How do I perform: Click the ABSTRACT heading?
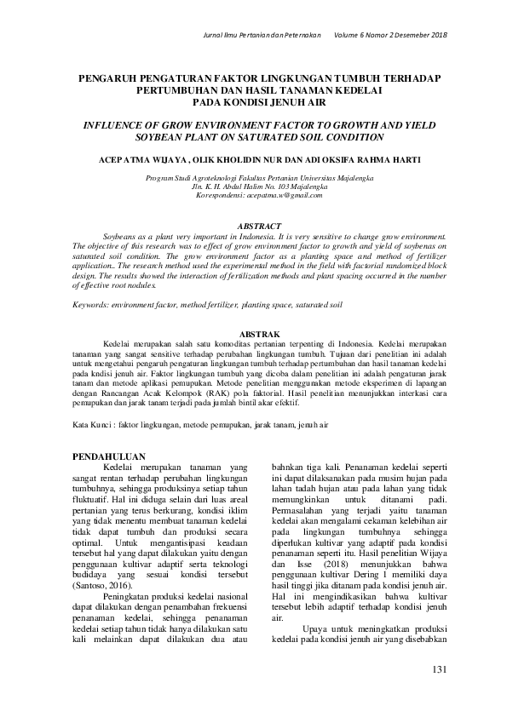coord(253,226)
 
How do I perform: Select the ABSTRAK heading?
coord(253,335)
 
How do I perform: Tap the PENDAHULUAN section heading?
coord(109,456)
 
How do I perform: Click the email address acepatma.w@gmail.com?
coord(285,195)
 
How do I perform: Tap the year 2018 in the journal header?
coord(436,35)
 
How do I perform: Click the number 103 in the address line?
coord(277,186)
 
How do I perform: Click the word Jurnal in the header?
coord(210,35)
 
